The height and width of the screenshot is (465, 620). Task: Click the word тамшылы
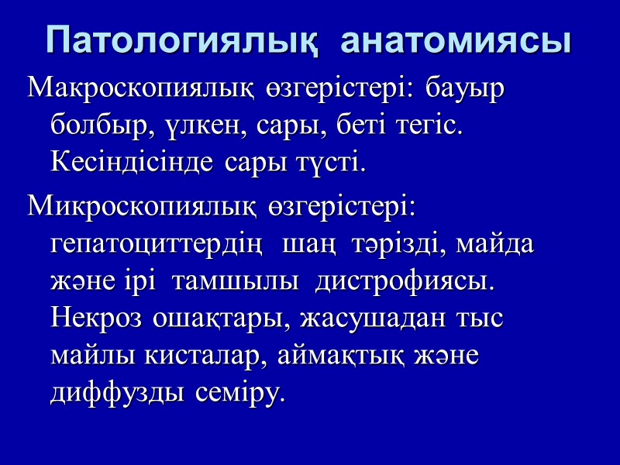pyautogui.click(x=240, y=281)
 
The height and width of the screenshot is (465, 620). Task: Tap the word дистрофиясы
pyautogui.click(x=404, y=281)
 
